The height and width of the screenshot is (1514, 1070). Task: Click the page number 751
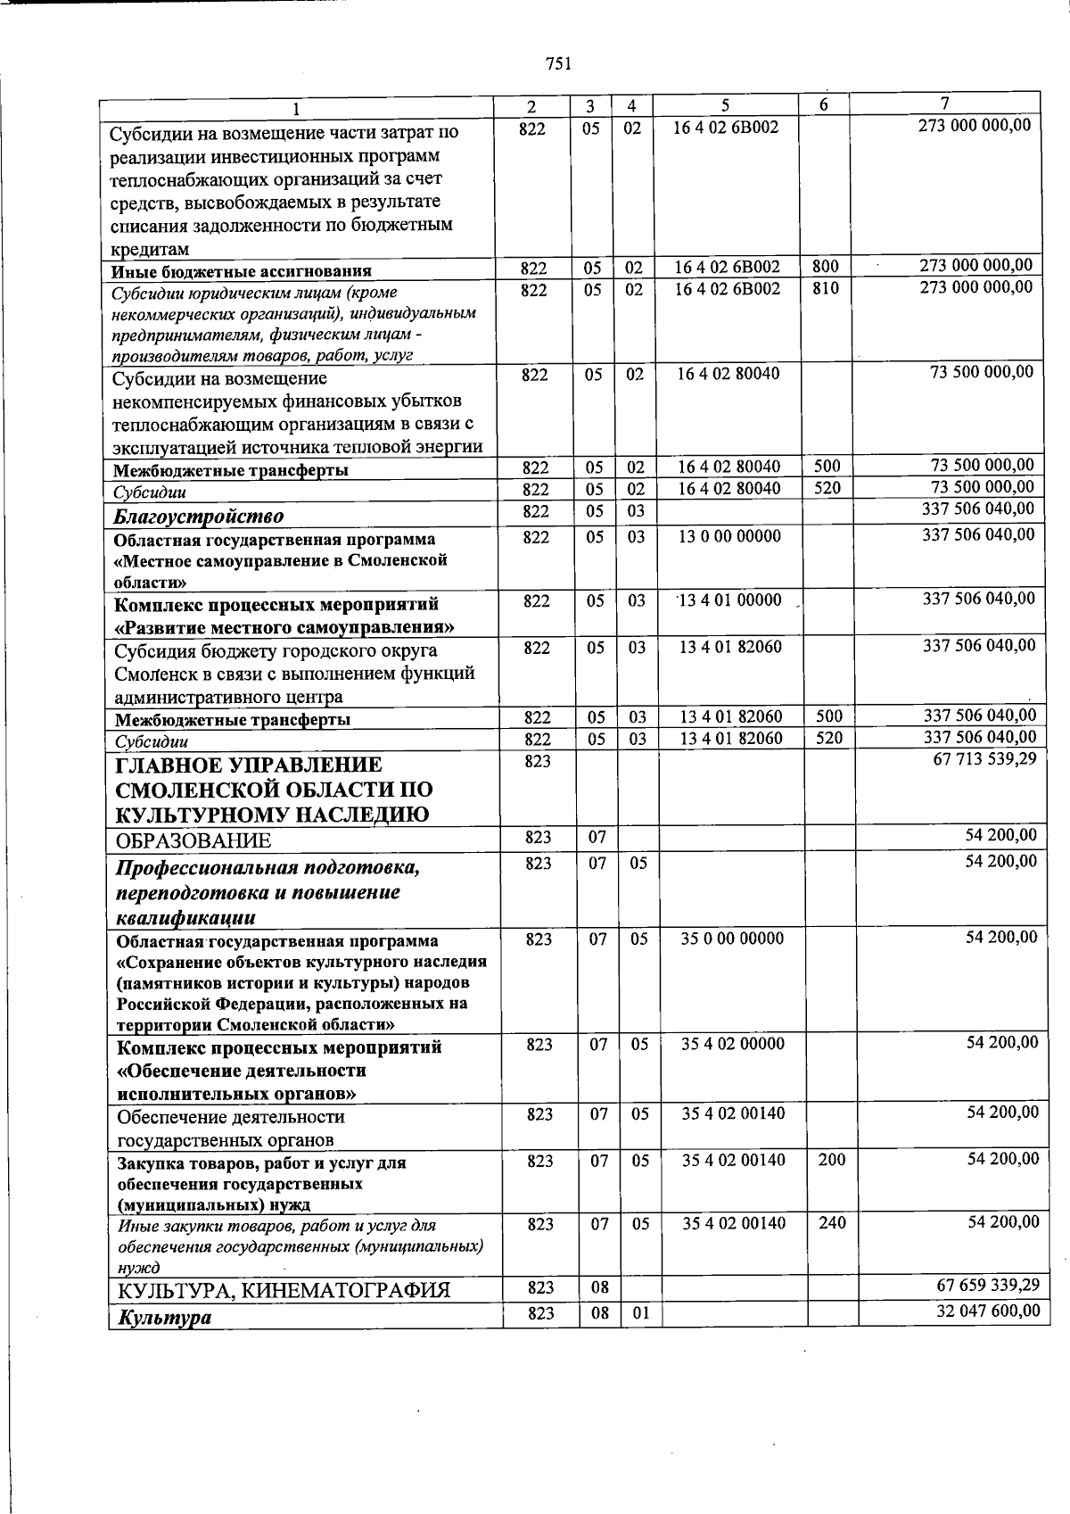coord(557,63)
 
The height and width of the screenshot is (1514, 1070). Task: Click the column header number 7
coord(944,103)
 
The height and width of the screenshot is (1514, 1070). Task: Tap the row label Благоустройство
coord(199,517)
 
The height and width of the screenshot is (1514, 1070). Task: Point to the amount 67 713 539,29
coord(984,761)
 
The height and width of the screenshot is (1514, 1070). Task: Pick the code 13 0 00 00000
coord(729,536)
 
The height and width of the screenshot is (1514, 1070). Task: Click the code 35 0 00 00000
coord(732,939)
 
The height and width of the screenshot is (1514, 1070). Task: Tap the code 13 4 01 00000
coord(730,600)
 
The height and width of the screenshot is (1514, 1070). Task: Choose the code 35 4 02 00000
coord(733,1044)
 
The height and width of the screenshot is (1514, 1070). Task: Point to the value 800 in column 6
coord(826,266)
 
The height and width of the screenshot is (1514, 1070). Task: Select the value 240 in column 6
coord(832,1223)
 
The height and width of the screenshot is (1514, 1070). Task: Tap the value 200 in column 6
coord(831,1160)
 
